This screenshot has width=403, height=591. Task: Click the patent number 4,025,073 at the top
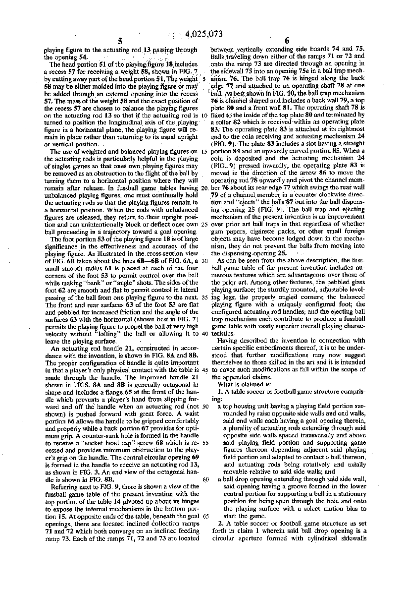(204, 34)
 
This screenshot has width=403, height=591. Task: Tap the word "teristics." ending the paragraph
(224, 334)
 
